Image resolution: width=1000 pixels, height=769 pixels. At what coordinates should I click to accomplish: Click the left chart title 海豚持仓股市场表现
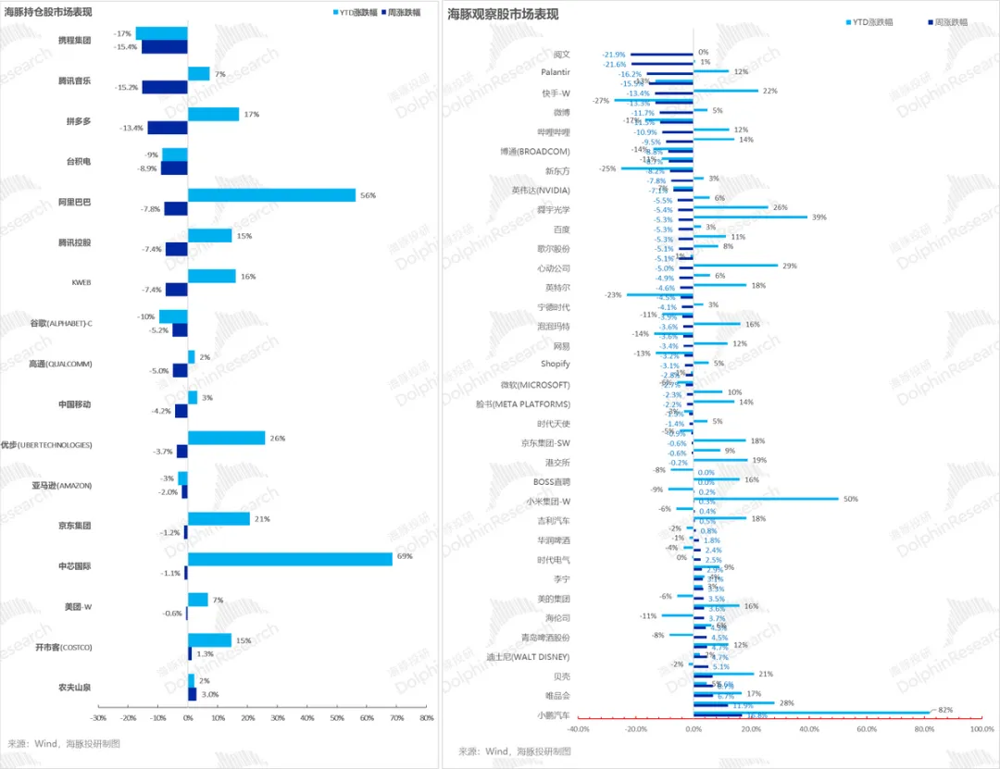[x=52, y=12]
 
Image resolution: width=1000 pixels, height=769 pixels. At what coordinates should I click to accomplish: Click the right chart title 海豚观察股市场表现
[x=503, y=14]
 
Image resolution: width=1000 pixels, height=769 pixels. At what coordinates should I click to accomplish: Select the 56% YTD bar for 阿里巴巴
[x=271, y=195]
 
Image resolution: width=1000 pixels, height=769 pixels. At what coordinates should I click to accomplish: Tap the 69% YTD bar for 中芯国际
[x=290, y=559]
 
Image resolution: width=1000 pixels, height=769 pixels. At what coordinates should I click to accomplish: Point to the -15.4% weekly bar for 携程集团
[x=164, y=47]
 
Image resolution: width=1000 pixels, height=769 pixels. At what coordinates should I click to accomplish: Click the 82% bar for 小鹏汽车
[x=811, y=711]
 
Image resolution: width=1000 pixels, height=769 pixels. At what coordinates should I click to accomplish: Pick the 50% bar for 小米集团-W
[x=766, y=499]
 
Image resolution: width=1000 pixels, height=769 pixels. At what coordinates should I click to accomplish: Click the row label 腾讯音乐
[x=74, y=81]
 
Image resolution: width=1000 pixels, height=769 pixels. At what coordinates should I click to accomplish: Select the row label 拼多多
[x=78, y=121]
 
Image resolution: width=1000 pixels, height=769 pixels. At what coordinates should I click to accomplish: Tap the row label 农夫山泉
[x=74, y=688]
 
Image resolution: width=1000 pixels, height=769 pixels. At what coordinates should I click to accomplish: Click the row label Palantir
[x=555, y=71]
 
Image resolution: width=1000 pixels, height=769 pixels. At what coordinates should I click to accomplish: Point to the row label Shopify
[x=555, y=364]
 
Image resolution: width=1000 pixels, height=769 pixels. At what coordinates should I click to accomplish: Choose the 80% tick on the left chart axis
[x=426, y=718]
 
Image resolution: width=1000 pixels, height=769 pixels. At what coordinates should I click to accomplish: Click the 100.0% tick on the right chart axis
[x=981, y=729]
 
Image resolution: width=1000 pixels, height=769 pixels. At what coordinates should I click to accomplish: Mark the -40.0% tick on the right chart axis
[x=579, y=729]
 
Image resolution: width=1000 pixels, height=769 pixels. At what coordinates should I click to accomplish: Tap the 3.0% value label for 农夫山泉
[x=210, y=694]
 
